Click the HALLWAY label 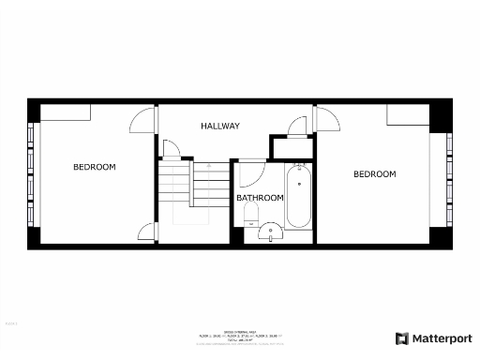[220, 126]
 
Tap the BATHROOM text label [260, 198]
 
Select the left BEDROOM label [95, 167]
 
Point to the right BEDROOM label [374, 174]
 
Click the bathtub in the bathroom [299, 197]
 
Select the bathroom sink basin [271, 232]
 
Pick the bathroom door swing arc [250, 174]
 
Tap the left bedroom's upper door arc [142, 120]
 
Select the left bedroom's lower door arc [147, 232]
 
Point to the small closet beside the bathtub [292, 148]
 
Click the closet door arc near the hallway [297, 126]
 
